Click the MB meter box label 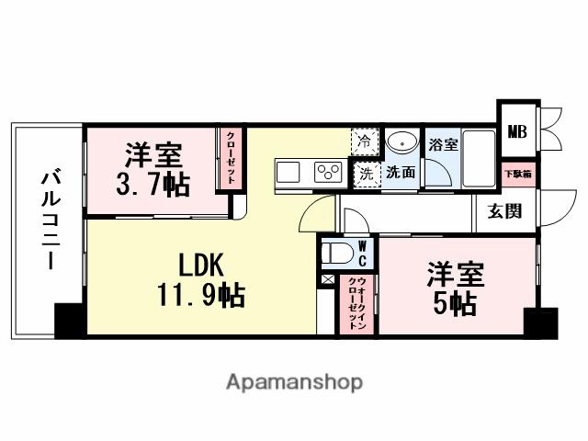click(x=517, y=131)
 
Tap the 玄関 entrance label click(x=504, y=210)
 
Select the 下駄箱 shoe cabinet click(x=515, y=174)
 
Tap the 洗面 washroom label click(x=400, y=172)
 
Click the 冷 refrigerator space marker click(x=365, y=141)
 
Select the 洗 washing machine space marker click(x=365, y=172)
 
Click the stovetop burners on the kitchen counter click(x=327, y=171)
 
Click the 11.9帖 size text click(x=200, y=296)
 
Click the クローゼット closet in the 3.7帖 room click(x=231, y=159)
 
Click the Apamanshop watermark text click(x=295, y=381)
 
